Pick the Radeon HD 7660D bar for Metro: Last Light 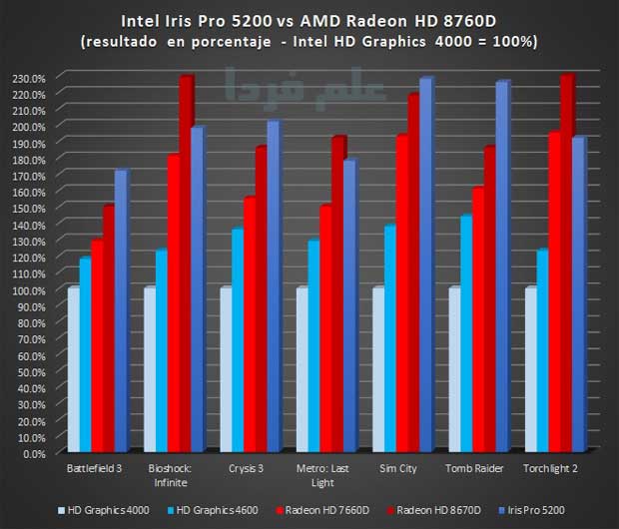(325, 329)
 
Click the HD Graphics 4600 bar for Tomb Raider (466, 333)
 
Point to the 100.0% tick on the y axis (26, 290)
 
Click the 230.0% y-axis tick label (26, 78)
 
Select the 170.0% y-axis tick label (26, 176)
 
